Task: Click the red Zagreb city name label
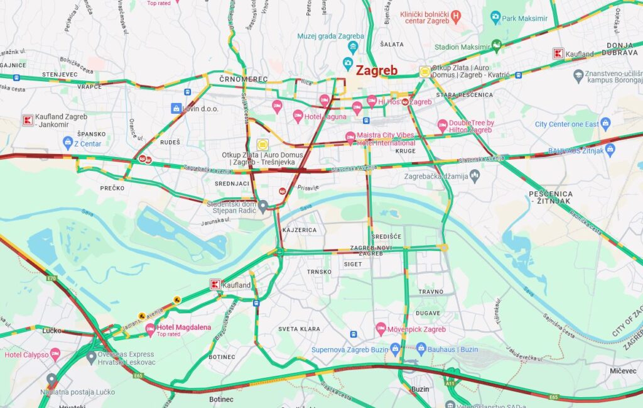[x=377, y=70]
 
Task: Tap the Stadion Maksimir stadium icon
[x=497, y=45]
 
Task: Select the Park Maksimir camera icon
[x=495, y=17]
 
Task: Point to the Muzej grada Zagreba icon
[x=354, y=47]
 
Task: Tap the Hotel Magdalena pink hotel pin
[x=150, y=328]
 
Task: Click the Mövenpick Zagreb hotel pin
[x=381, y=329]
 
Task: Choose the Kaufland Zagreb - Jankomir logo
[x=28, y=119]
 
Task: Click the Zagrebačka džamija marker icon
[x=475, y=177]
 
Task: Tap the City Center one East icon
[x=605, y=123]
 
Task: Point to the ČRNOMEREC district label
[x=244, y=79]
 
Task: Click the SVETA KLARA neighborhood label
[x=299, y=329]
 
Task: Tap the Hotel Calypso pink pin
[x=55, y=354]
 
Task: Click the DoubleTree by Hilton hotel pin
[x=443, y=125]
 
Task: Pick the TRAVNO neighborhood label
[x=431, y=292]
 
